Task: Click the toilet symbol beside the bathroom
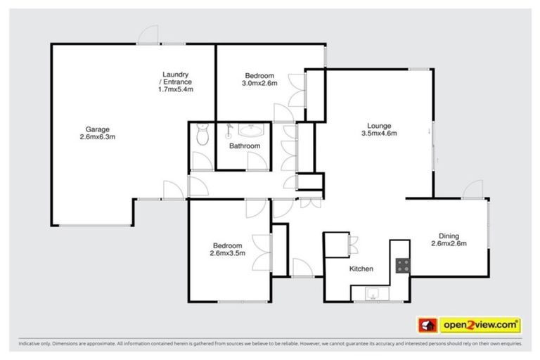pyautogui.click(x=202, y=135)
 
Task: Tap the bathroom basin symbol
pyautogui.click(x=248, y=130)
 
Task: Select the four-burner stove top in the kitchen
pyautogui.click(x=403, y=266)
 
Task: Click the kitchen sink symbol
pyautogui.click(x=373, y=294)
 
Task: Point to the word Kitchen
pyautogui.click(x=361, y=269)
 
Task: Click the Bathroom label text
pyautogui.click(x=245, y=146)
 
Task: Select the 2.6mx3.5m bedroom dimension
pyautogui.click(x=227, y=254)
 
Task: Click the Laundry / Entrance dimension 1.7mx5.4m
pyautogui.click(x=176, y=89)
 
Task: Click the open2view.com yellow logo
pyautogui.click(x=480, y=325)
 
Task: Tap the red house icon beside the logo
pyautogui.click(x=427, y=325)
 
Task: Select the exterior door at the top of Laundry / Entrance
pyautogui.click(x=148, y=35)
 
